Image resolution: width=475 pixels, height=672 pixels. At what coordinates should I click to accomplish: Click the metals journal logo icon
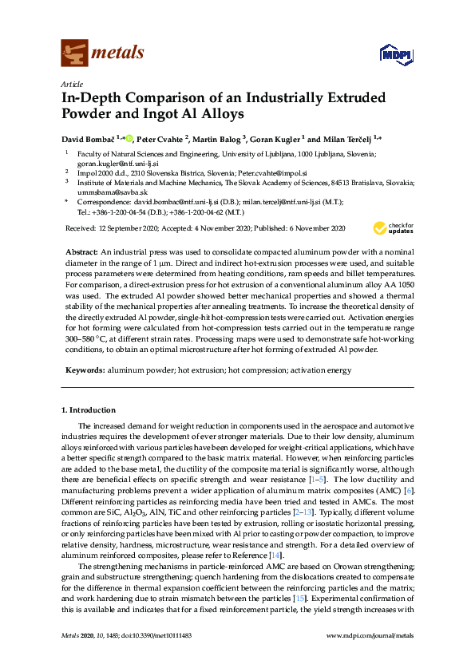tap(74, 53)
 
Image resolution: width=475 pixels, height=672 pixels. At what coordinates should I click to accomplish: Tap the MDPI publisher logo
tap(392, 53)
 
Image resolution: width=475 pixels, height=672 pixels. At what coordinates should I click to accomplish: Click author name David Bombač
tap(89, 138)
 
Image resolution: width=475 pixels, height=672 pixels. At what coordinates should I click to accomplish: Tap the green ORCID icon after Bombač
tap(129, 136)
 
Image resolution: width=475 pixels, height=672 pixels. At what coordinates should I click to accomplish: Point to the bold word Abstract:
tap(81, 251)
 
